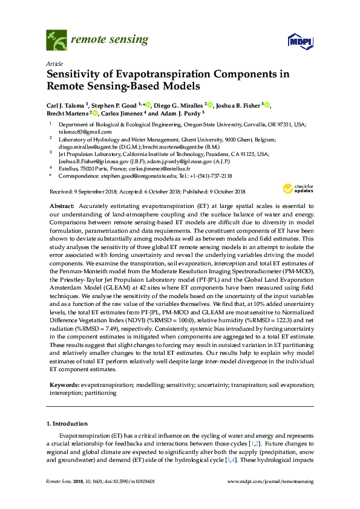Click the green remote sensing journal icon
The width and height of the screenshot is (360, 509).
coord(56,41)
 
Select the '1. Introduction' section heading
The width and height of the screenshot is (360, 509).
coord(68,423)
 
